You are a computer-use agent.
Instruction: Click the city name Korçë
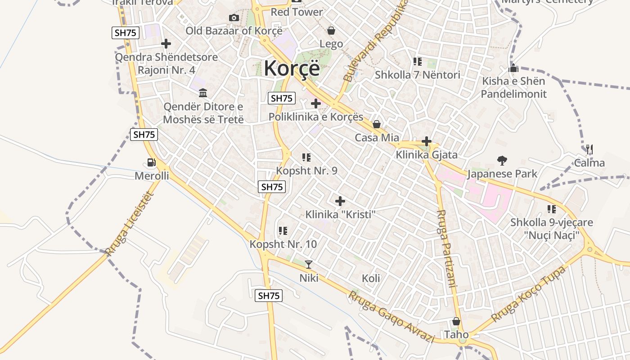[x=292, y=68]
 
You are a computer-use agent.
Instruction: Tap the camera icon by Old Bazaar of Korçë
[x=234, y=18]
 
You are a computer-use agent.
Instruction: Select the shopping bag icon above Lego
[x=331, y=31]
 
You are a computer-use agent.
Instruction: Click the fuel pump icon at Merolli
[x=152, y=162]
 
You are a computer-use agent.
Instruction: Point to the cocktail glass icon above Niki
[x=309, y=264]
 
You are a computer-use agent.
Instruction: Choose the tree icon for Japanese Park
[x=502, y=160]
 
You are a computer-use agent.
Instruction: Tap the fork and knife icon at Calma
[x=589, y=149]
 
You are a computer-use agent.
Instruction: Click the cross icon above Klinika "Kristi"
[x=340, y=201]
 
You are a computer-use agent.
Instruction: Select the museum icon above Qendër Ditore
[x=203, y=93]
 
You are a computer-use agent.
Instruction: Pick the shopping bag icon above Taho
[x=456, y=321]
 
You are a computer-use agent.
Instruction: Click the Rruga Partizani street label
[x=446, y=248]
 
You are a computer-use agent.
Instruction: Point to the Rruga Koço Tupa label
[x=527, y=294]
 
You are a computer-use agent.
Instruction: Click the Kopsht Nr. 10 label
[x=283, y=244]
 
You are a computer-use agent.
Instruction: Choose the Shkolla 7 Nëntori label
[x=417, y=75]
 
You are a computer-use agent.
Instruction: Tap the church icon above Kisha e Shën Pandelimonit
[x=513, y=69]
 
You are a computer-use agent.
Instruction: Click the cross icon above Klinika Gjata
[x=427, y=142]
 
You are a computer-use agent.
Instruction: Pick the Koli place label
[x=371, y=278]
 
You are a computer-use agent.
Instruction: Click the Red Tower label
[x=297, y=12]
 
